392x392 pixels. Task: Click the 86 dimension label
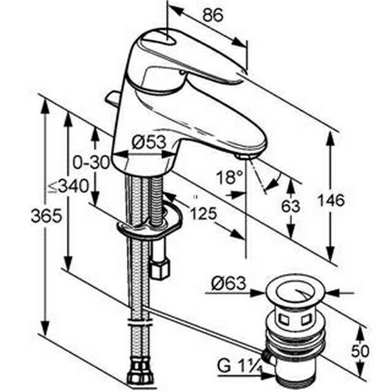click(213, 15)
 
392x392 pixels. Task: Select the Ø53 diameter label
click(149, 142)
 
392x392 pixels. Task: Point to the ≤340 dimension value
click(69, 186)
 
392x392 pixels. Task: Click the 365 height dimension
click(47, 216)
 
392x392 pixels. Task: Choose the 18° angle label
click(230, 177)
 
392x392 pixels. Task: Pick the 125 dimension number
click(203, 213)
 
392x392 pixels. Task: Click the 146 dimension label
click(331, 200)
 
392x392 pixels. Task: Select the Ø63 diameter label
click(228, 284)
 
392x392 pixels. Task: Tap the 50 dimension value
click(360, 351)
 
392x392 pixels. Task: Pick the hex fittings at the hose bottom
click(139, 372)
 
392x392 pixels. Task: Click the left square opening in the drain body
click(284, 320)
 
